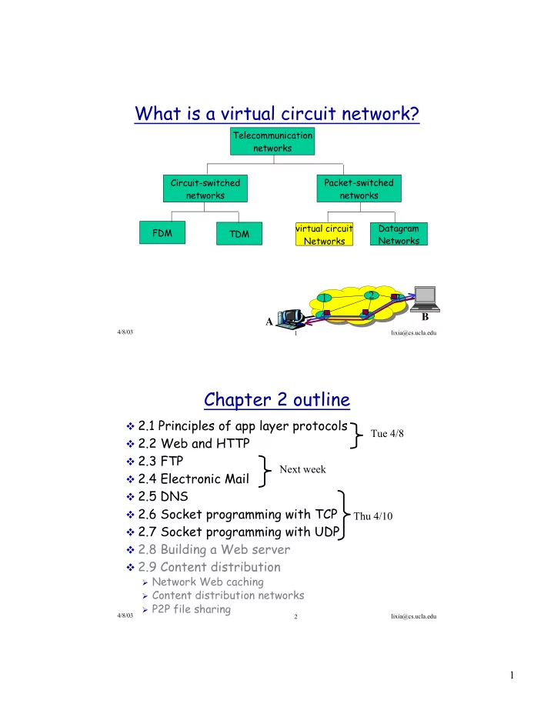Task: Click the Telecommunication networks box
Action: (272, 142)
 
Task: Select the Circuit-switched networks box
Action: (205, 188)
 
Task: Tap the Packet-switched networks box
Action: (359, 188)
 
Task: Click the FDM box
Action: (162, 233)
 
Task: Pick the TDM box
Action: (239, 234)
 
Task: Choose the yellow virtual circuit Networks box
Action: (325, 234)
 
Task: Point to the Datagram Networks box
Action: (399, 234)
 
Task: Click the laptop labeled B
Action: (426, 299)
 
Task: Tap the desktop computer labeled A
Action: (291, 318)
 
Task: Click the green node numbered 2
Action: (372, 295)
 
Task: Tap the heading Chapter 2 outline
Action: (277, 399)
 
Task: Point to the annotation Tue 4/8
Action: (387, 433)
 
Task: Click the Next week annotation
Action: (303, 469)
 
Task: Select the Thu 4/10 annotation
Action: (373, 516)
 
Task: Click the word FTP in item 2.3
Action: (172, 461)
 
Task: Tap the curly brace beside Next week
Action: (264, 471)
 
